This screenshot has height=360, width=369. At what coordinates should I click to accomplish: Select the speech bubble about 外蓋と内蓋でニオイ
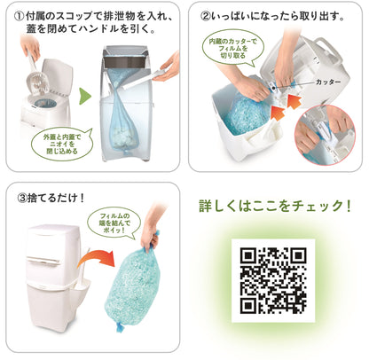coord(59,143)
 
